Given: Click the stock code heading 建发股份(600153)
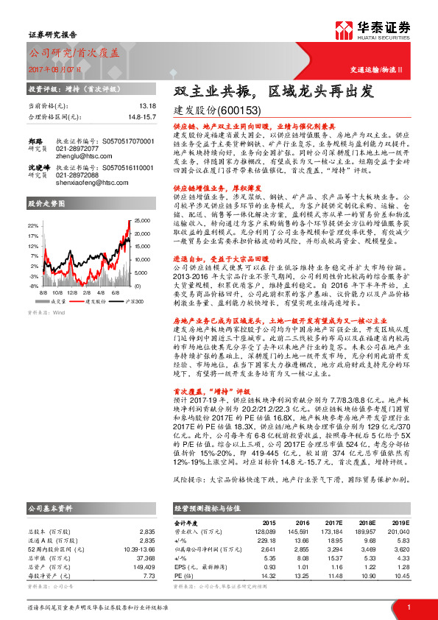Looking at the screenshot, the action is click(217, 110).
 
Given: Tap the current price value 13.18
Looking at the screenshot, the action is click(147, 106).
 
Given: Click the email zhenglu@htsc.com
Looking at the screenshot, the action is click(81, 155).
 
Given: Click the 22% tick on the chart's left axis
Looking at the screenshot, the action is click(34, 225).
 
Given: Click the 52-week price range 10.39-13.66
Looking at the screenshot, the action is click(135, 508).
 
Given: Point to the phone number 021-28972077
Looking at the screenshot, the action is click(76, 148).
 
